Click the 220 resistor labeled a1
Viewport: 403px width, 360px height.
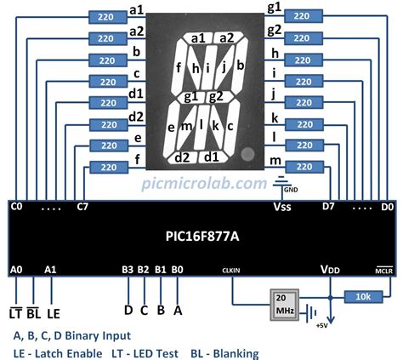106,16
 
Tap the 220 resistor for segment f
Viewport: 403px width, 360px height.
106,167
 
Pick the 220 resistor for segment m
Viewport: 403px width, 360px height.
304,167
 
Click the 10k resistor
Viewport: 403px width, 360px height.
362,296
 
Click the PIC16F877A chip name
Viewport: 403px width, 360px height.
201,237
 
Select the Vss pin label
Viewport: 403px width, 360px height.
281,207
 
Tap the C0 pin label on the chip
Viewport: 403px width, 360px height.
17,206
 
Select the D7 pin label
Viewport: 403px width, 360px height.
328,206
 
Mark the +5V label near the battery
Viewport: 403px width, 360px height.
321,325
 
